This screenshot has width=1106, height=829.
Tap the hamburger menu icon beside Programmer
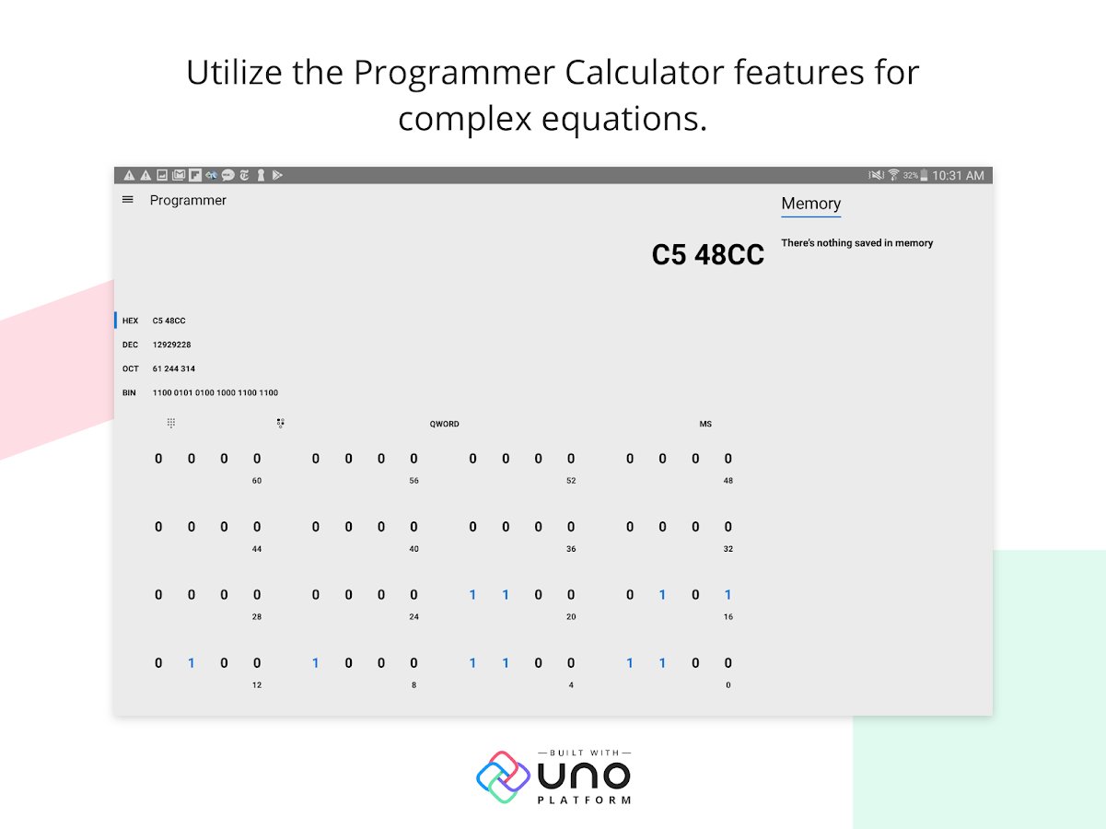(127, 200)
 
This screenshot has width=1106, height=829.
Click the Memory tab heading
(810, 203)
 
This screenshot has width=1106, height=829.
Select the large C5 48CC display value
(707, 254)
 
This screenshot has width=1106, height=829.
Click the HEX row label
(130, 321)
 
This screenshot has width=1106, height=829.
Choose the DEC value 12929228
(172, 344)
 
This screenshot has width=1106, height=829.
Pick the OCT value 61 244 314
(174, 368)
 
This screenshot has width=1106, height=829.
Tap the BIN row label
(129, 392)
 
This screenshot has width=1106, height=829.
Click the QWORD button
(444, 424)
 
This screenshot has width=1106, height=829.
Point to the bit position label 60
(257, 481)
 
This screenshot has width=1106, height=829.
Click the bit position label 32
(728, 549)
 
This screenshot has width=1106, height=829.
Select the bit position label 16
(728, 617)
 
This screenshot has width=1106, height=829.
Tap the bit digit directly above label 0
(728, 662)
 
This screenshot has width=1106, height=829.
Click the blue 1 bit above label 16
(728, 595)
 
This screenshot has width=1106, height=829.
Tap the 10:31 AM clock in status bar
(958, 175)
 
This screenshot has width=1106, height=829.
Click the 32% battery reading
(910, 175)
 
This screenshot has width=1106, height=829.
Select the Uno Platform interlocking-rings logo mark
(503, 776)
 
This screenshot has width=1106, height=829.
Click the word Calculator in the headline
(645, 72)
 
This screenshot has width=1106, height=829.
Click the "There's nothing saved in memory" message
(856, 243)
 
